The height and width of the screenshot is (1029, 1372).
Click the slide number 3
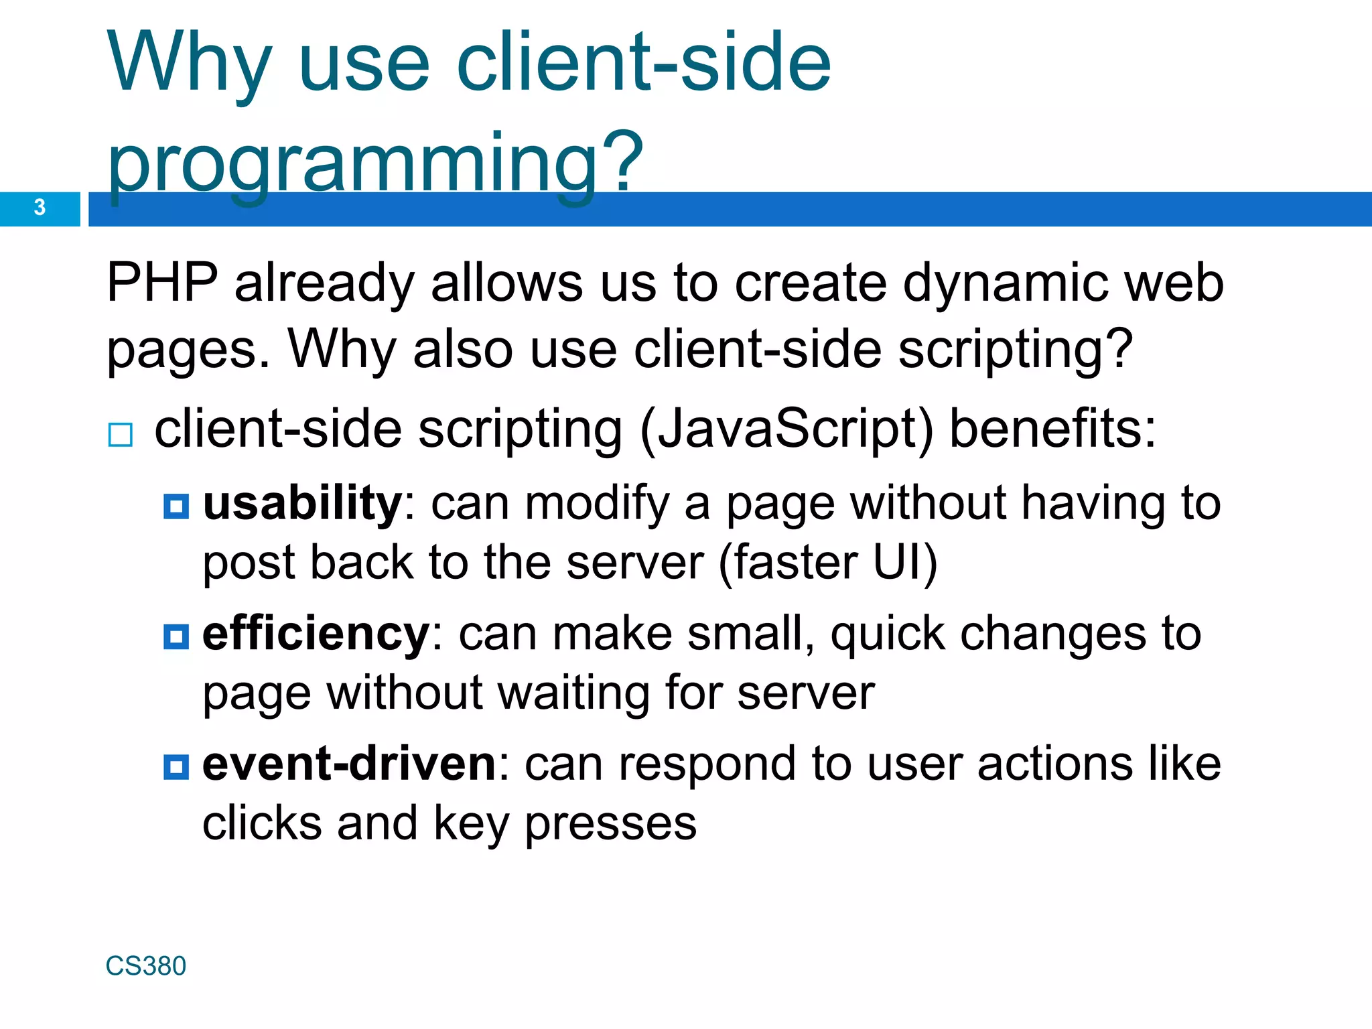[40, 208]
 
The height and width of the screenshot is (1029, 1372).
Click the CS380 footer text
[145, 966]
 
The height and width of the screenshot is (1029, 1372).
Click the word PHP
[162, 283]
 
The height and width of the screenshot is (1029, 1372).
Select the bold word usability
[302, 503]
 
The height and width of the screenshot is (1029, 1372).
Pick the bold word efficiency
[316, 633]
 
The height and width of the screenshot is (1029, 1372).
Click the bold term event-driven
[349, 764]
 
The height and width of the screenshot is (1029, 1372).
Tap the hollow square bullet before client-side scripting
[121, 435]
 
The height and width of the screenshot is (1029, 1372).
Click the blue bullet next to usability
[176, 506]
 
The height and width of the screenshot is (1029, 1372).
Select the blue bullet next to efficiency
[176, 636]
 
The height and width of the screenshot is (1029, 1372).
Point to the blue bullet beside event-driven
[176, 766]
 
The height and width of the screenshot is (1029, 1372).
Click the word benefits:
[1052, 429]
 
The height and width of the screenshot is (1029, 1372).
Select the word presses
[610, 824]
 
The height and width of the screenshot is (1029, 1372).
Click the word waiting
[575, 693]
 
